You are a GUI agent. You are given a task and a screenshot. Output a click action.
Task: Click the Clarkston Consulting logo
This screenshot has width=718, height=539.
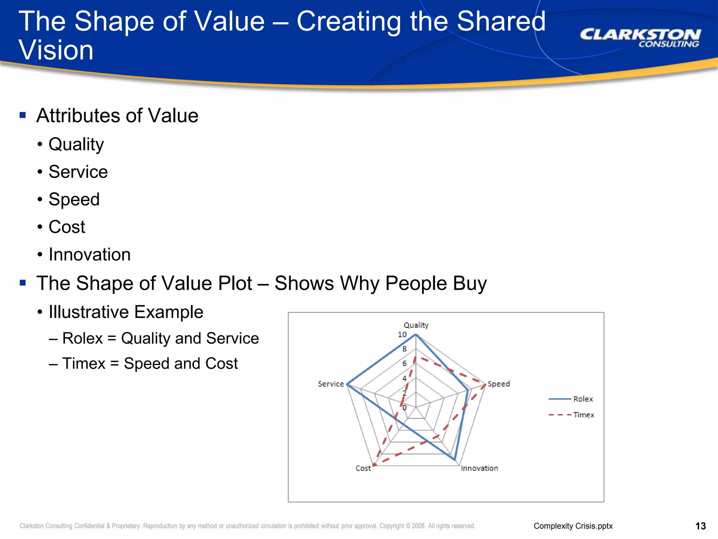[x=640, y=38]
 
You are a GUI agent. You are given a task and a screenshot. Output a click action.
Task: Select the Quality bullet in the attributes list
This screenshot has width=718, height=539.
[x=76, y=144]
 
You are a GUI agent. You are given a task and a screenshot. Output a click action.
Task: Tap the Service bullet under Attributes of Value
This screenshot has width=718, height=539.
[x=78, y=172]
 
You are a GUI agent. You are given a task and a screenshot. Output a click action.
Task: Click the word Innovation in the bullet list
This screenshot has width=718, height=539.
[x=89, y=254]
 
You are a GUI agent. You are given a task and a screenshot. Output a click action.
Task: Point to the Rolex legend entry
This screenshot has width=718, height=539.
[x=583, y=399]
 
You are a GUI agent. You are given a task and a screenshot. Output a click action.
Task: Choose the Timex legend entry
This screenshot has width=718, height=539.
[x=583, y=415]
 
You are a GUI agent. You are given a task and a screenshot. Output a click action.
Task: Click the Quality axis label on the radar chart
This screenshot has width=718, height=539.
[x=416, y=325]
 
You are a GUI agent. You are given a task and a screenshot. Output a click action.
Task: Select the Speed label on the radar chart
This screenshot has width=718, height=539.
[x=499, y=384]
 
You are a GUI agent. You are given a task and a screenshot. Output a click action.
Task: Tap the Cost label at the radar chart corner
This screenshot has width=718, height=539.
[x=363, y=468]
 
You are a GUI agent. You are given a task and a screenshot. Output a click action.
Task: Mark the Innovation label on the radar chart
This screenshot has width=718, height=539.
[x=479, y=468]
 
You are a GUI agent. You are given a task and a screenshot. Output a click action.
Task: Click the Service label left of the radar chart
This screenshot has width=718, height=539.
[x=331, y=384]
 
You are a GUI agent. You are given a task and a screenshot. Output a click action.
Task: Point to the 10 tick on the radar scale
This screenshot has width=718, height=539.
[x=402, y=334]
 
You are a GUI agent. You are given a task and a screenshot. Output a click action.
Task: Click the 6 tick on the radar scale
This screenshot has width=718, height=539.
[x=404, y=364]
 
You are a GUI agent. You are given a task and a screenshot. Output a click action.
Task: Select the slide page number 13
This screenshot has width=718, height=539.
[x=700, y=526]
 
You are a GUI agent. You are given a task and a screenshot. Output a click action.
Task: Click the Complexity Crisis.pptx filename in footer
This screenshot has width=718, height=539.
[x=573, y=526]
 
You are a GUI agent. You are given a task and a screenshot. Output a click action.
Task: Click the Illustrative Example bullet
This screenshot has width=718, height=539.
[x=126, y=312]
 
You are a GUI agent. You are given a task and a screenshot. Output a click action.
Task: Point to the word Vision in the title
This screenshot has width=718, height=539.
[x=56, y=50]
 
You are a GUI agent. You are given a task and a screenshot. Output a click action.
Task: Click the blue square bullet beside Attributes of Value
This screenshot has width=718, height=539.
[x=23, y=115]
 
